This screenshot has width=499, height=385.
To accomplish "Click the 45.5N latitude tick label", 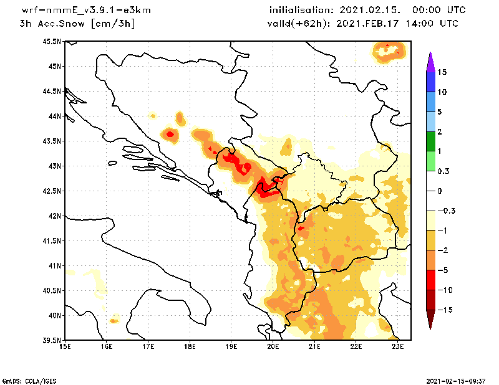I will [x=52, y=41].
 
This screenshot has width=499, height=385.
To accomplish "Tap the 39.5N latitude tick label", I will [x=52, y=341].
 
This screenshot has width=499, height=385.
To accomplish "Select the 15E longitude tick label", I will [x=65, y=347].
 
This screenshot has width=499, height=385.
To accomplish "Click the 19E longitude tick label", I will [x=231, y=347].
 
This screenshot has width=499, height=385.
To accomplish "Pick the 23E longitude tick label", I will [x=398, y=347].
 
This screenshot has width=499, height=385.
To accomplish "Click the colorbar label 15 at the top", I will [x=442, y=72].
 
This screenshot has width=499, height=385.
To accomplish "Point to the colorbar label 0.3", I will [x=443, y=171].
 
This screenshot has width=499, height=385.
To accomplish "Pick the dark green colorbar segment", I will [x=430, y=141].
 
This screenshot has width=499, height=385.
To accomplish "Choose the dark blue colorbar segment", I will [x=430, y=82].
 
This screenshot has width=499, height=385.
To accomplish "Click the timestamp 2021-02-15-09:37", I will [x=456, y=379].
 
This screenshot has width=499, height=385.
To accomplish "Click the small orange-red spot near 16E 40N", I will [x=114, y=321].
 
